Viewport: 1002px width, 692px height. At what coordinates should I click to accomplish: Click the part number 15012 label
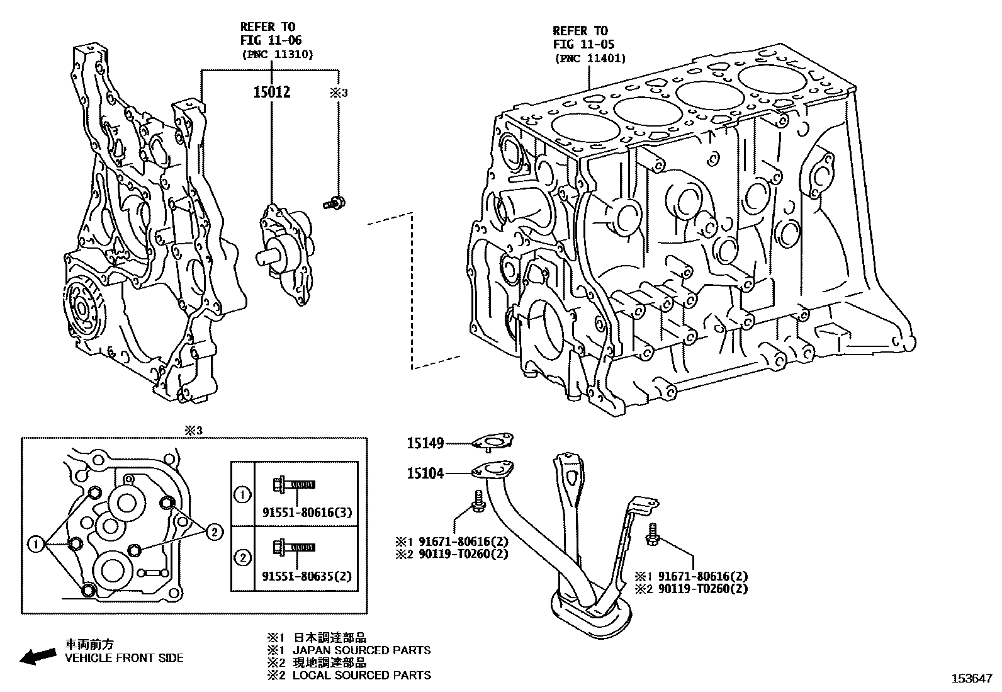271,93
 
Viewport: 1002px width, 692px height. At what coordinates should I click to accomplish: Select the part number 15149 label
425,443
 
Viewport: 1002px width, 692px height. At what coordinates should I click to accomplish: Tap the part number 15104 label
425,473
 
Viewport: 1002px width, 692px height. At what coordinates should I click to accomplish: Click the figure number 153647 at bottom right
971,679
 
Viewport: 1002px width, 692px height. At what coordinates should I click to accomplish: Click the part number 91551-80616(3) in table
307,513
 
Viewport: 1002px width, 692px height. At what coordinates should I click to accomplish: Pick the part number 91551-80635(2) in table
307,576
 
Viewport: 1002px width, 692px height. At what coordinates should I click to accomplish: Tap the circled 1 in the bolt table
242,495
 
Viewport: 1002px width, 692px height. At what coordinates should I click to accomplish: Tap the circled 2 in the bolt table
242,558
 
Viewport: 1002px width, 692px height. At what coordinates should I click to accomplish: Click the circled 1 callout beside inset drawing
37,543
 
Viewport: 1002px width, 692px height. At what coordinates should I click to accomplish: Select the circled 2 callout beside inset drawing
214,533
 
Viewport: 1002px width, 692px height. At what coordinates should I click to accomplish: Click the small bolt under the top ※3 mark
334,203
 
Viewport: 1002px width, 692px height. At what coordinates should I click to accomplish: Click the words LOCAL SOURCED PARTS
362,675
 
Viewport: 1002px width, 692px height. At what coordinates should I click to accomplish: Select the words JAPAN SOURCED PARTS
362,650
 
